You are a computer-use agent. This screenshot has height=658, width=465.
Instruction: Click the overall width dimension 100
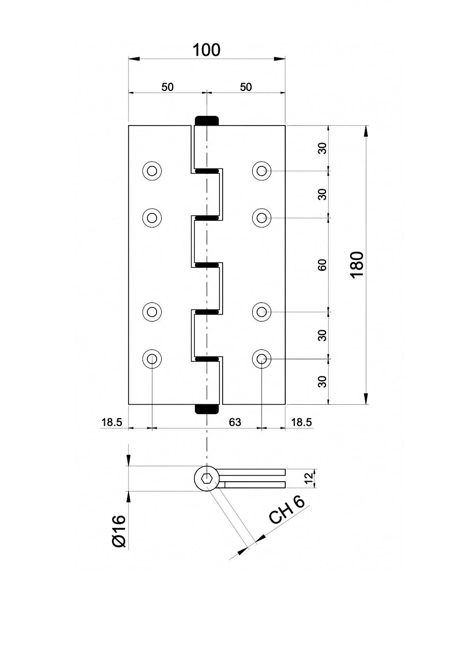click(x=206, y=50)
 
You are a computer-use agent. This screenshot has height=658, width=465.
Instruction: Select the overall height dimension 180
click(x=358, y=265)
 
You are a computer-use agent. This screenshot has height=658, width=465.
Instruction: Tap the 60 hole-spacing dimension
click(x=322, y=265)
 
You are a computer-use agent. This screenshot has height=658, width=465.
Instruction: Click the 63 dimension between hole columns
click(x=235, y=422)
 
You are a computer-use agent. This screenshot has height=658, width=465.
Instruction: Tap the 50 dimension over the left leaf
click(x=167, y=87)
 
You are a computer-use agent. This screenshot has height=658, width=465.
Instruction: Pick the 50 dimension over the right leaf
click(x=246, y=87)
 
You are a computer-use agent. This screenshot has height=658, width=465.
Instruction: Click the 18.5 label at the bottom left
click(x=111, y=422)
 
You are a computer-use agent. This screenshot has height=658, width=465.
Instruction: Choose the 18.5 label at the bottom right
click(x=302, y=422)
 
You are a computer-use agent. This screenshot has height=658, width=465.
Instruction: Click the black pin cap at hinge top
click(x=206, y=120)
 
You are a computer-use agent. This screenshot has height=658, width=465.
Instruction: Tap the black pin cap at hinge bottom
click(x=206, y=409)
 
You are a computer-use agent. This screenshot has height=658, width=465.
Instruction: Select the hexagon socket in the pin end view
click(x=206, y=479)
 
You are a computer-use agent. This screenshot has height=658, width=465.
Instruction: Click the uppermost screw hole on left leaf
click(x=152, y=171)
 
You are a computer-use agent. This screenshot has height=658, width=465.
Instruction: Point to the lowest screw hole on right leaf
click(x=262, y=358)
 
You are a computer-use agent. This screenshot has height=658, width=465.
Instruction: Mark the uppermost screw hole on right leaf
click(x=262, y=171)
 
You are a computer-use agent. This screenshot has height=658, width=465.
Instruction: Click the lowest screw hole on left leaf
click(x=152, y=358)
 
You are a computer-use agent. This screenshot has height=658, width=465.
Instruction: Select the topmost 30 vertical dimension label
click(x=322, y=148)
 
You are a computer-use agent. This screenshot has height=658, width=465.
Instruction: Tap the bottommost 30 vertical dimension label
click(x=322, y=381)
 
